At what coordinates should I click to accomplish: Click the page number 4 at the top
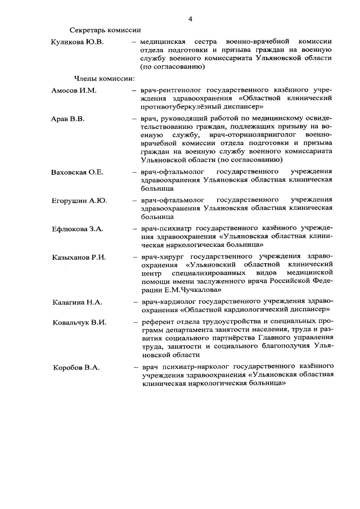click(x=191, y=19)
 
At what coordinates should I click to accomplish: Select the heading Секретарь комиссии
click(x=105, y=30)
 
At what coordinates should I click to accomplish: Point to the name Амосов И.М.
click(x=74, y=91)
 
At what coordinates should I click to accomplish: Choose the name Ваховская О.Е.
click(x=77, y=172)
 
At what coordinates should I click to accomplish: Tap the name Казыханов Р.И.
click(x=79, y=257)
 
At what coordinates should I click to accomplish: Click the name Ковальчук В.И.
click(x=79, y=322)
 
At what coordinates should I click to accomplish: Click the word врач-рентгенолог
click(x=171, y=90)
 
